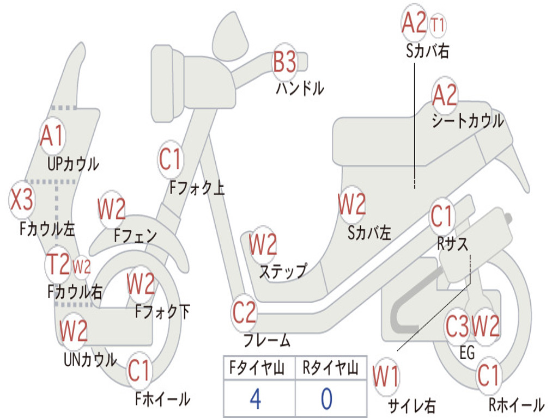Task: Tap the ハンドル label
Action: coord(300,88)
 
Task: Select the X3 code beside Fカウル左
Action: coord(22,199)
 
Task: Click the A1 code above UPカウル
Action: coord(52,136)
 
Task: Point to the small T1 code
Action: coord(438,25)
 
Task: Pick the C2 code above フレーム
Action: coord(244,312)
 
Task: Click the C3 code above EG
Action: coord(458,326)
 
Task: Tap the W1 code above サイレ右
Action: coord(386,377)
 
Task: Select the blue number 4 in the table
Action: coord(256,399)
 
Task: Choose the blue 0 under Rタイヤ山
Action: coord(327,399)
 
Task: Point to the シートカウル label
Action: coord(468,121)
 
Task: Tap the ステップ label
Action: coord(283,271)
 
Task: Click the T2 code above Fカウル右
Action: coord(58,265)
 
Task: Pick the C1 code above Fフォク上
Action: coord(171,159)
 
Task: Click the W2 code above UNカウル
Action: coord(74,330)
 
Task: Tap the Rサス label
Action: coord(452,244)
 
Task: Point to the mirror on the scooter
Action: coord(231,35)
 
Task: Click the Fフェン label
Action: coord(135,236)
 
